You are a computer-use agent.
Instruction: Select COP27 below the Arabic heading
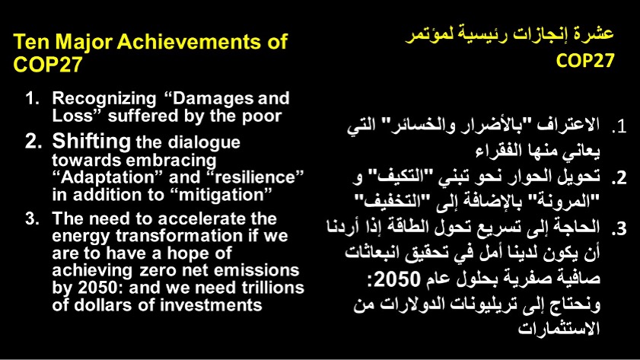(585, 61)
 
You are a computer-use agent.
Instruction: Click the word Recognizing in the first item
(104, 100)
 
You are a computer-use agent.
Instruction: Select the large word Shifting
(91, 142)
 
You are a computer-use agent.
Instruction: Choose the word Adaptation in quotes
(108, 178)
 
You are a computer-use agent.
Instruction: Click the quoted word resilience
(255, 177)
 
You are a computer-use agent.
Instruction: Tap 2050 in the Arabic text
(397, 279)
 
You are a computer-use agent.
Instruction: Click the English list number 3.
(32, 218)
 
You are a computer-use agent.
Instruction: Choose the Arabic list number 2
(619, 178)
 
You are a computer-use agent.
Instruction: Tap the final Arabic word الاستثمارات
(559, 329)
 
